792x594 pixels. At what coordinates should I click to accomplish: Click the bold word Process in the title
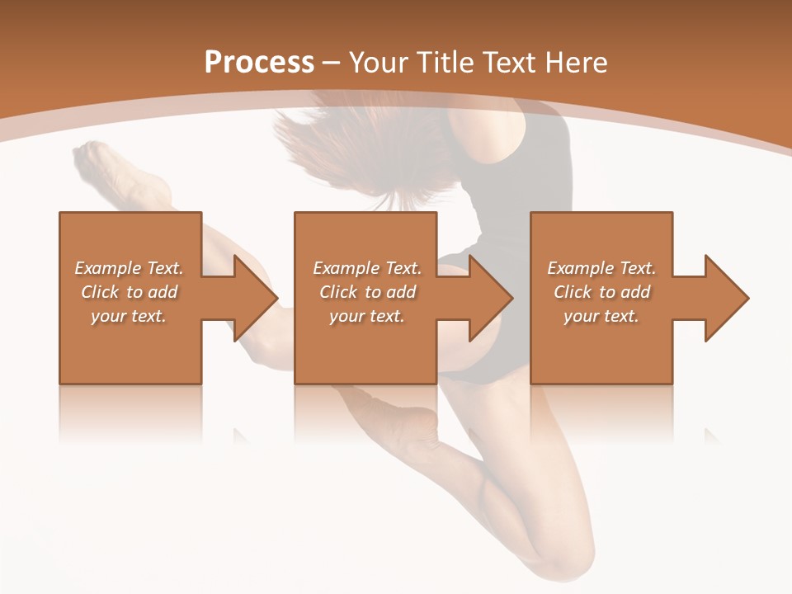(259, 63)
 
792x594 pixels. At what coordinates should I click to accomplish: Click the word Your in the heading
(379, 63)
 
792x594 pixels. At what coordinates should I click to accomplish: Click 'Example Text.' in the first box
(129, 268)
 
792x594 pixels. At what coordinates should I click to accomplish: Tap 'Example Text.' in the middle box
(367, 268)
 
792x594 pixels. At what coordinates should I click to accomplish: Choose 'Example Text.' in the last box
(601, 268)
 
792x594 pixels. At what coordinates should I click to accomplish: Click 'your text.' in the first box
(129, 316)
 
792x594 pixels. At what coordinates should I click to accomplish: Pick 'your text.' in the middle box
(367, 316)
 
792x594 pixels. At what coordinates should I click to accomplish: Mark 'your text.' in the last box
(601, 316)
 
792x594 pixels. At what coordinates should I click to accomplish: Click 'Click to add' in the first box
(129, 292)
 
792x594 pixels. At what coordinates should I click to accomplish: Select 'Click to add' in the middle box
(367, 292)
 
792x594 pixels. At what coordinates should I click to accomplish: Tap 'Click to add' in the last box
(601, 292)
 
